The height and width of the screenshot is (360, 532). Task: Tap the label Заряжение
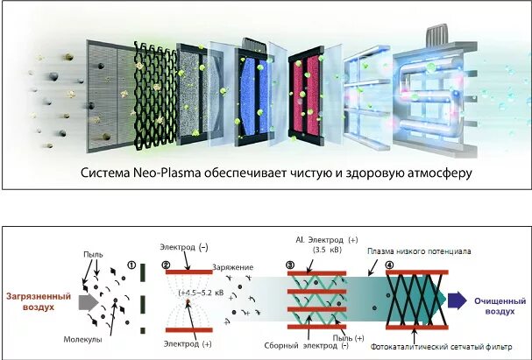click(x=231, y=265)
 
